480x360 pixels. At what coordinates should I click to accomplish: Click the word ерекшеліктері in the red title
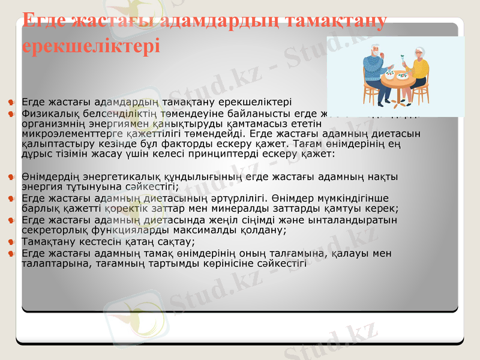[91, 45]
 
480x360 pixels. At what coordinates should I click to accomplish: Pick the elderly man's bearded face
[375, 53]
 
